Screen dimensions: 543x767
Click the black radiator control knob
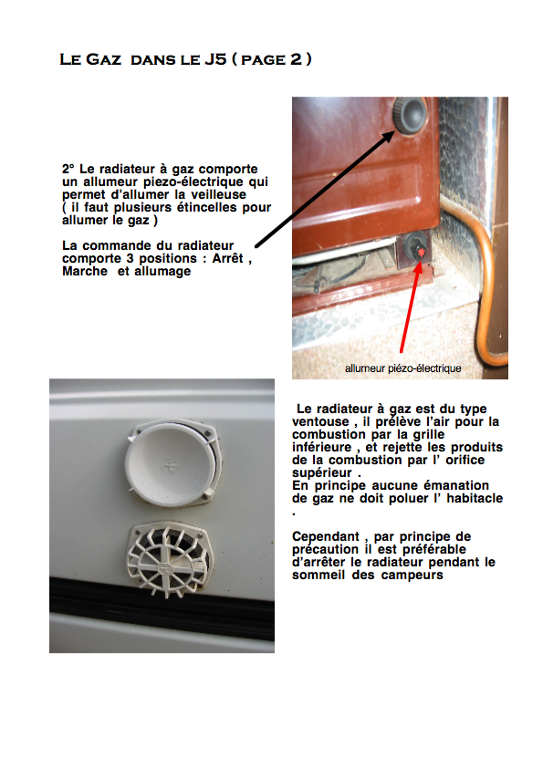coord(411,116)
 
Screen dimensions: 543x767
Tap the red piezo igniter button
coord(420,252)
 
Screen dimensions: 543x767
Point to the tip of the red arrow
coord(420,260)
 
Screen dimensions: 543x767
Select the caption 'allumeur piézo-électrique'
coord(403,368)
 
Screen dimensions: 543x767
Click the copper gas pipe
coord(485,274)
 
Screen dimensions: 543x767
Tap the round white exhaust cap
coord(170,462)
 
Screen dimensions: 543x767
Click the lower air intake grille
coord(167,560)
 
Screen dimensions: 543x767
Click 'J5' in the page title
coord(215,59)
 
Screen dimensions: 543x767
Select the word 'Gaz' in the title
coord(103,59)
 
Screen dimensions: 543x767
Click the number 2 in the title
coord(296,59)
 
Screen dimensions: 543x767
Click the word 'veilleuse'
coord(218,194)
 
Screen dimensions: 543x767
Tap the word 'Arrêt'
coord(227,258)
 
